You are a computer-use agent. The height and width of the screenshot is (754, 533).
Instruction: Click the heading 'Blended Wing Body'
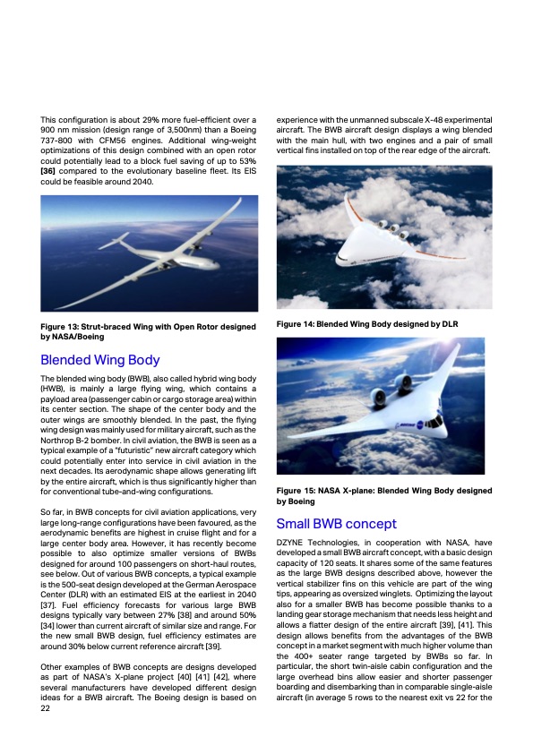click(100, 361)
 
